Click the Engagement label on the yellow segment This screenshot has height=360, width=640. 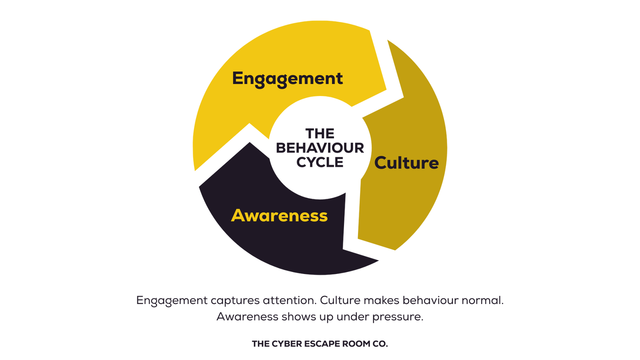click(287, 78)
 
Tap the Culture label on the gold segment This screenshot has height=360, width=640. click(406, 163)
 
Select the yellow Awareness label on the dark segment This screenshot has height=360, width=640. click(279, 216)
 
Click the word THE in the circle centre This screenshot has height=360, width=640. click(320, 133)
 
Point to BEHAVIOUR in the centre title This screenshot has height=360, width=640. click(320, 148)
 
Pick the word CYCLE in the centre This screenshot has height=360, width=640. click(320, 162)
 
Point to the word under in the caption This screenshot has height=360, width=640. click(352, 317)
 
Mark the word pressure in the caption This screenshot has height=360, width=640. click(398, 317)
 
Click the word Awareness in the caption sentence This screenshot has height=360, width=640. click(247, 317)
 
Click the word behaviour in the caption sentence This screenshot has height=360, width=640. click(430, 300)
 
